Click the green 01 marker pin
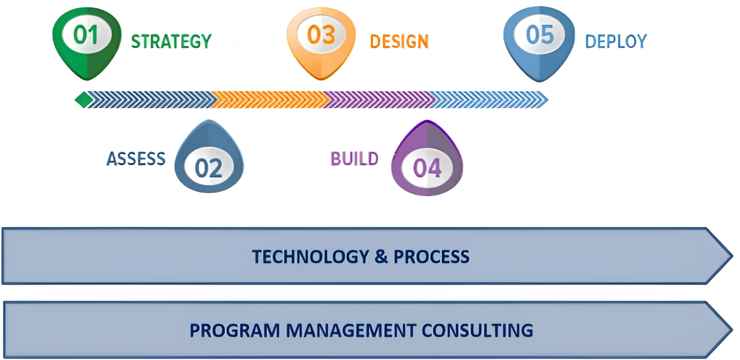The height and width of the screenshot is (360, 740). point(87,43)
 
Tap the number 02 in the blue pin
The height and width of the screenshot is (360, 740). point(209,168)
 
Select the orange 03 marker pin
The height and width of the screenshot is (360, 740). point(321,43)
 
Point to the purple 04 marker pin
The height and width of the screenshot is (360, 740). point(427,158)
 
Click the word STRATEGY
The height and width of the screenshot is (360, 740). point(172,41)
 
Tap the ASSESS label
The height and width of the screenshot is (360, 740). point(136,159)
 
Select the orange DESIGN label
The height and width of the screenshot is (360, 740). point(399,41)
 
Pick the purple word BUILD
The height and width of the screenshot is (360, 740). point(354,159)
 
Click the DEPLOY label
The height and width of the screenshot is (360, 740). point(616,41)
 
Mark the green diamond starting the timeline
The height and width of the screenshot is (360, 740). point(84,100)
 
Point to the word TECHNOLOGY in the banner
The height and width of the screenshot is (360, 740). point(311,256)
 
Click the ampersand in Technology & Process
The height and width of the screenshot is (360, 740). point(381,256)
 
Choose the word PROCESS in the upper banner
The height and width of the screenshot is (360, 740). point(431,256)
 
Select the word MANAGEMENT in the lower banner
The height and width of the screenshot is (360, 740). point(351,331)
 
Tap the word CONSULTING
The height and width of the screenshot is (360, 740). point(477,331)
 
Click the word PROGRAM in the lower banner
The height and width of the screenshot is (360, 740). point(235,331)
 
